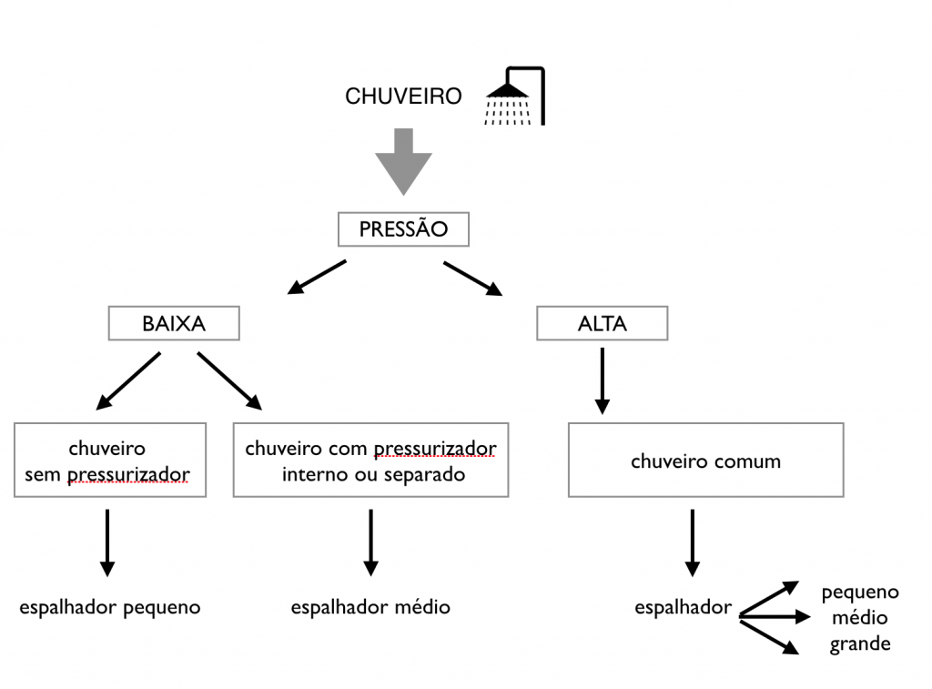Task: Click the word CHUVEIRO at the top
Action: coord(403,96)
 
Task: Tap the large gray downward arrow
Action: coord(403,161)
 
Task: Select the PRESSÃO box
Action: coord(403,229)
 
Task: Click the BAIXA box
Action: coord(174,323)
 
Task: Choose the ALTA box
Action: coord(602,323)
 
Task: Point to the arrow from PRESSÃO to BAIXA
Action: coord(317,278)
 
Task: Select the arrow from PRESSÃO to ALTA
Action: coord(472,279)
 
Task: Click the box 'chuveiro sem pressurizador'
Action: coord(110,461)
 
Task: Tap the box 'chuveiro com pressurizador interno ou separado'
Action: coord(370,461)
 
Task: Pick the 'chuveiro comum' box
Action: coord(705,461)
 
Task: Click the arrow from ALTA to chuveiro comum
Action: coord(602,380)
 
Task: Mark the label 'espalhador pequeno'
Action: coord(110,607)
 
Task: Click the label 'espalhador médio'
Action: coord(370,607)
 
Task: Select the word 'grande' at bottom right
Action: coord(860,644)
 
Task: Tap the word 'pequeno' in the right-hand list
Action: coord(860,593)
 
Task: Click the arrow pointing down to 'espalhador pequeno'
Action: coord(107,542)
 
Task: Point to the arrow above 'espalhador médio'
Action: coord(370,542)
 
